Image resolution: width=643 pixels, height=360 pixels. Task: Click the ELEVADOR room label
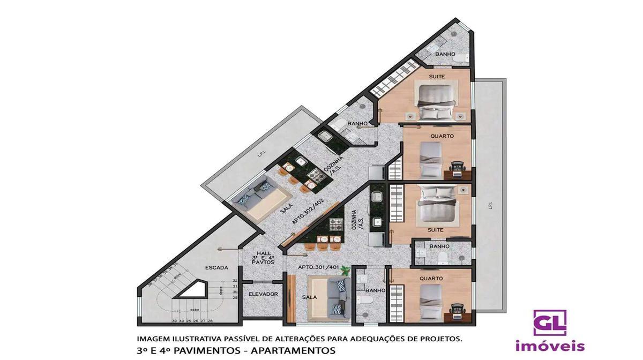click(263, 294)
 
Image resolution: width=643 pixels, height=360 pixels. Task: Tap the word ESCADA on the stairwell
click(216, 267)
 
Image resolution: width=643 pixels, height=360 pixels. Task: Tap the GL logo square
click(549, 322)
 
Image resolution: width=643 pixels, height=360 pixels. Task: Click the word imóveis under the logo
click(550, 347)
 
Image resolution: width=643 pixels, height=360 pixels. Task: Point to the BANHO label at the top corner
click(445, 54)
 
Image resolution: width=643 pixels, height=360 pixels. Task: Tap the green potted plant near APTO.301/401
click(344, 272)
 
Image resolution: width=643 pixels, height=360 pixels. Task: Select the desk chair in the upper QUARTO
click(457, 167)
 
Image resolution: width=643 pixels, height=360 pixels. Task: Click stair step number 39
click(175, 321)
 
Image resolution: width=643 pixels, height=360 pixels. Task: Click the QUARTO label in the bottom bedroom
click(431, 279)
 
